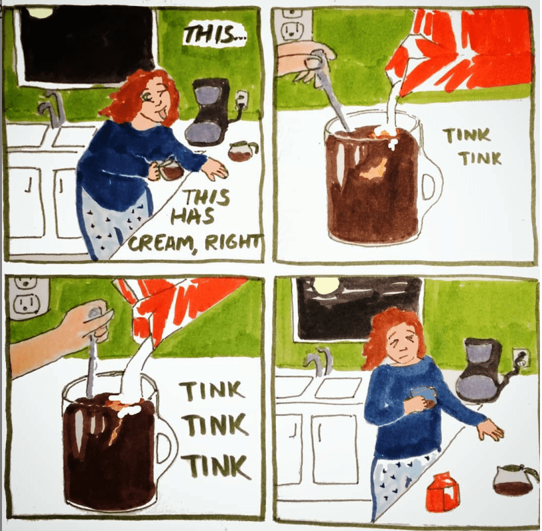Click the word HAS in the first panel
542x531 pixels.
point(193,218)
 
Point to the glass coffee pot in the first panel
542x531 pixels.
point(243,151)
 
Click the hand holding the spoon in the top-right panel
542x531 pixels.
point(306,60)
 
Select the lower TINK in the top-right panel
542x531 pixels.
point(481,159)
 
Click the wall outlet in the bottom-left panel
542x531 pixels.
point(27,297)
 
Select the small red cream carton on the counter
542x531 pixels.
point(443,492)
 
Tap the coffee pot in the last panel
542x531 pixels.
point(515,480)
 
